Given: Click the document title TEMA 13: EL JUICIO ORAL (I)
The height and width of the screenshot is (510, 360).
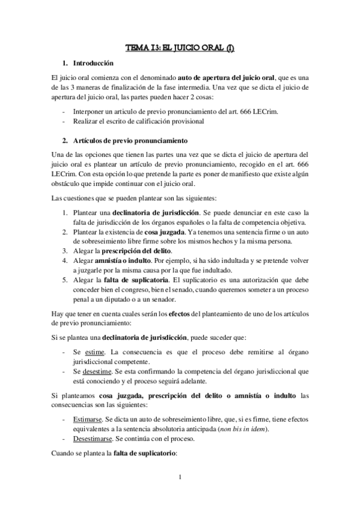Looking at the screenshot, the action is click(x=180, y=47).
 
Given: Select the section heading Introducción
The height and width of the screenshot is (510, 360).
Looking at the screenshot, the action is click(x=93, y=63).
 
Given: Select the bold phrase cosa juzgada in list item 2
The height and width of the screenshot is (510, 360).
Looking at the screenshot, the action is click(x=165, y=231).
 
